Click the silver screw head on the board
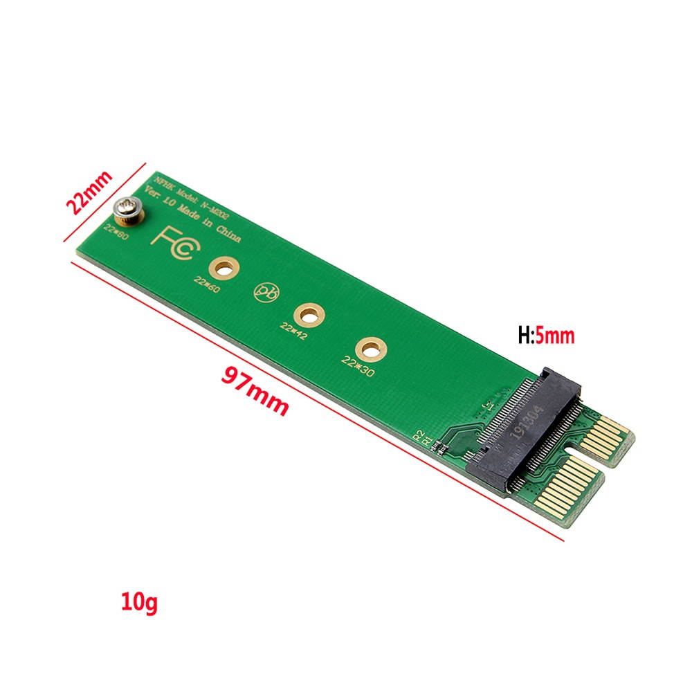(x=127, y=207)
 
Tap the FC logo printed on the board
(x=173, y=243)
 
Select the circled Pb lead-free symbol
(x=264, y=293)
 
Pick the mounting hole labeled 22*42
(x=304, y=315)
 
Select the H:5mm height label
(x=546, y=337)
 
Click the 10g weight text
(x=139, y=601)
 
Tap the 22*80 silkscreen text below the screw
(x=116, y=230)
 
